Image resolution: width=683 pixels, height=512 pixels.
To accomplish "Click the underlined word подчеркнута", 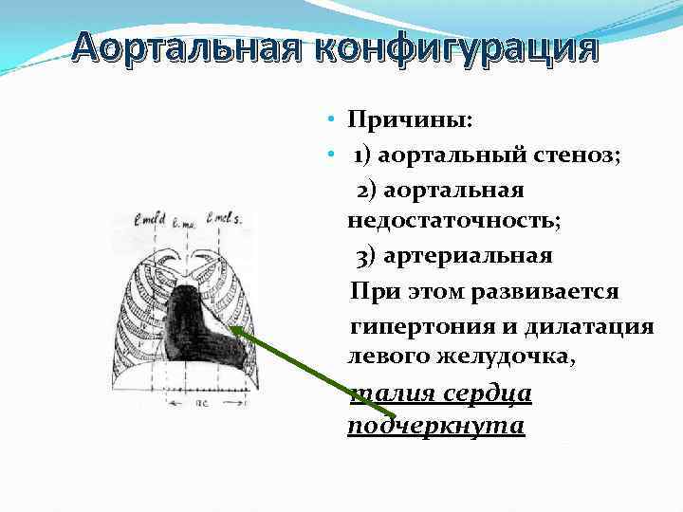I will click(x=435, y=426).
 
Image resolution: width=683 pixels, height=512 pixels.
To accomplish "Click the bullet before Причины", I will click(x=325, y=121).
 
